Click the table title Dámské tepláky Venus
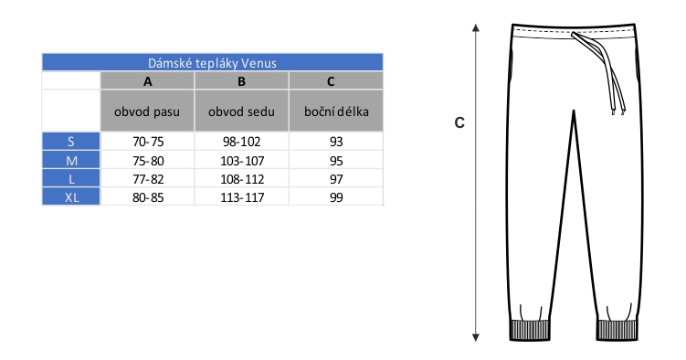(x=212, y=63)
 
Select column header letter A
(x=148, y=81)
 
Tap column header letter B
(x=241, y=81)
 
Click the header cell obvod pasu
(x=147, y=111)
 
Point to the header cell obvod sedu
(x=241, y=111)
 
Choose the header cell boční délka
(x=336, y=111)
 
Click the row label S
(x=71, y=142)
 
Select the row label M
(x=72, y=161)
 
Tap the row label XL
(x=72, y=197)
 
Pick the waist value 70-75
(x=148, y=142)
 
